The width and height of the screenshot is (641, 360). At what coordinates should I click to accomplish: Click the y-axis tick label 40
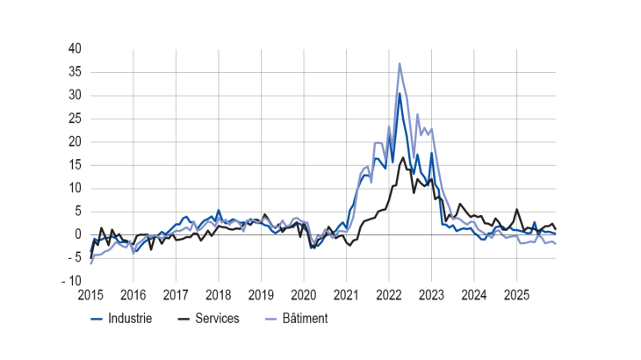[x=76, y=48]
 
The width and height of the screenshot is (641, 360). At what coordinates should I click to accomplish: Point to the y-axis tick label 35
[x=76, y=72]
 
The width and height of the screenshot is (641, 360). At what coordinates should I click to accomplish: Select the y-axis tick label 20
[x=76, y=141]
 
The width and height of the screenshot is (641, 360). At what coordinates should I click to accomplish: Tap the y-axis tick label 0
[x=79, y=234]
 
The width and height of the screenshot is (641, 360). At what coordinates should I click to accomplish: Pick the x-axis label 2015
[x=90, y=294]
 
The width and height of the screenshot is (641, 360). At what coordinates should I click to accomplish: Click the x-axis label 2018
[x=219, y=294]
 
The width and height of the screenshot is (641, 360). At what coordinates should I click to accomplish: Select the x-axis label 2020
[x=304, y=294]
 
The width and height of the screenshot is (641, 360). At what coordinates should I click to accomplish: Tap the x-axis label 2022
[x=389, y=294]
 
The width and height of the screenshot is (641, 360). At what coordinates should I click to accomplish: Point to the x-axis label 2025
[x=516, y=294]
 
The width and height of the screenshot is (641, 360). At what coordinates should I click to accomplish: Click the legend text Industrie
[x=129, y=319]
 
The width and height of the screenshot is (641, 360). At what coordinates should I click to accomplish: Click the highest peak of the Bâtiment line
[x=400, y=63]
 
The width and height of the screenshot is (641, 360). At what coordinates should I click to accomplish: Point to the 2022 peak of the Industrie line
[x=400, y=93]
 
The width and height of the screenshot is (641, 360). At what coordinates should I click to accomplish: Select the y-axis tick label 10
[x=76, y=188]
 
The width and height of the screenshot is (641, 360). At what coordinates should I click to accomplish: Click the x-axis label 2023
[x=431, y=294]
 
